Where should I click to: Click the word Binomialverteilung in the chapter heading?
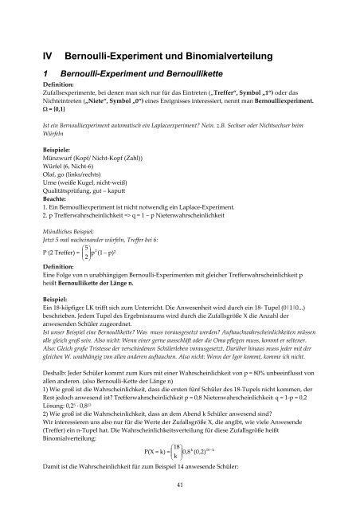[x=217, y=56]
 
